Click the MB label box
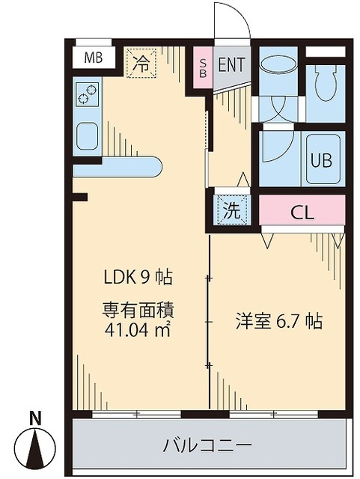point(94,58)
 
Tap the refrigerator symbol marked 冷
point(141,63)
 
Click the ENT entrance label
point(232,64)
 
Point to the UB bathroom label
point(322,161)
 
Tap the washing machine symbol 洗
point(233,210)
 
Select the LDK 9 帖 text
point(138,277)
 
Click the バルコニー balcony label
point(207,445)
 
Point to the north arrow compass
point(35,448)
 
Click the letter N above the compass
point(35,418)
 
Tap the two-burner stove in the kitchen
point(88,94)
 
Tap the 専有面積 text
point(138,308)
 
